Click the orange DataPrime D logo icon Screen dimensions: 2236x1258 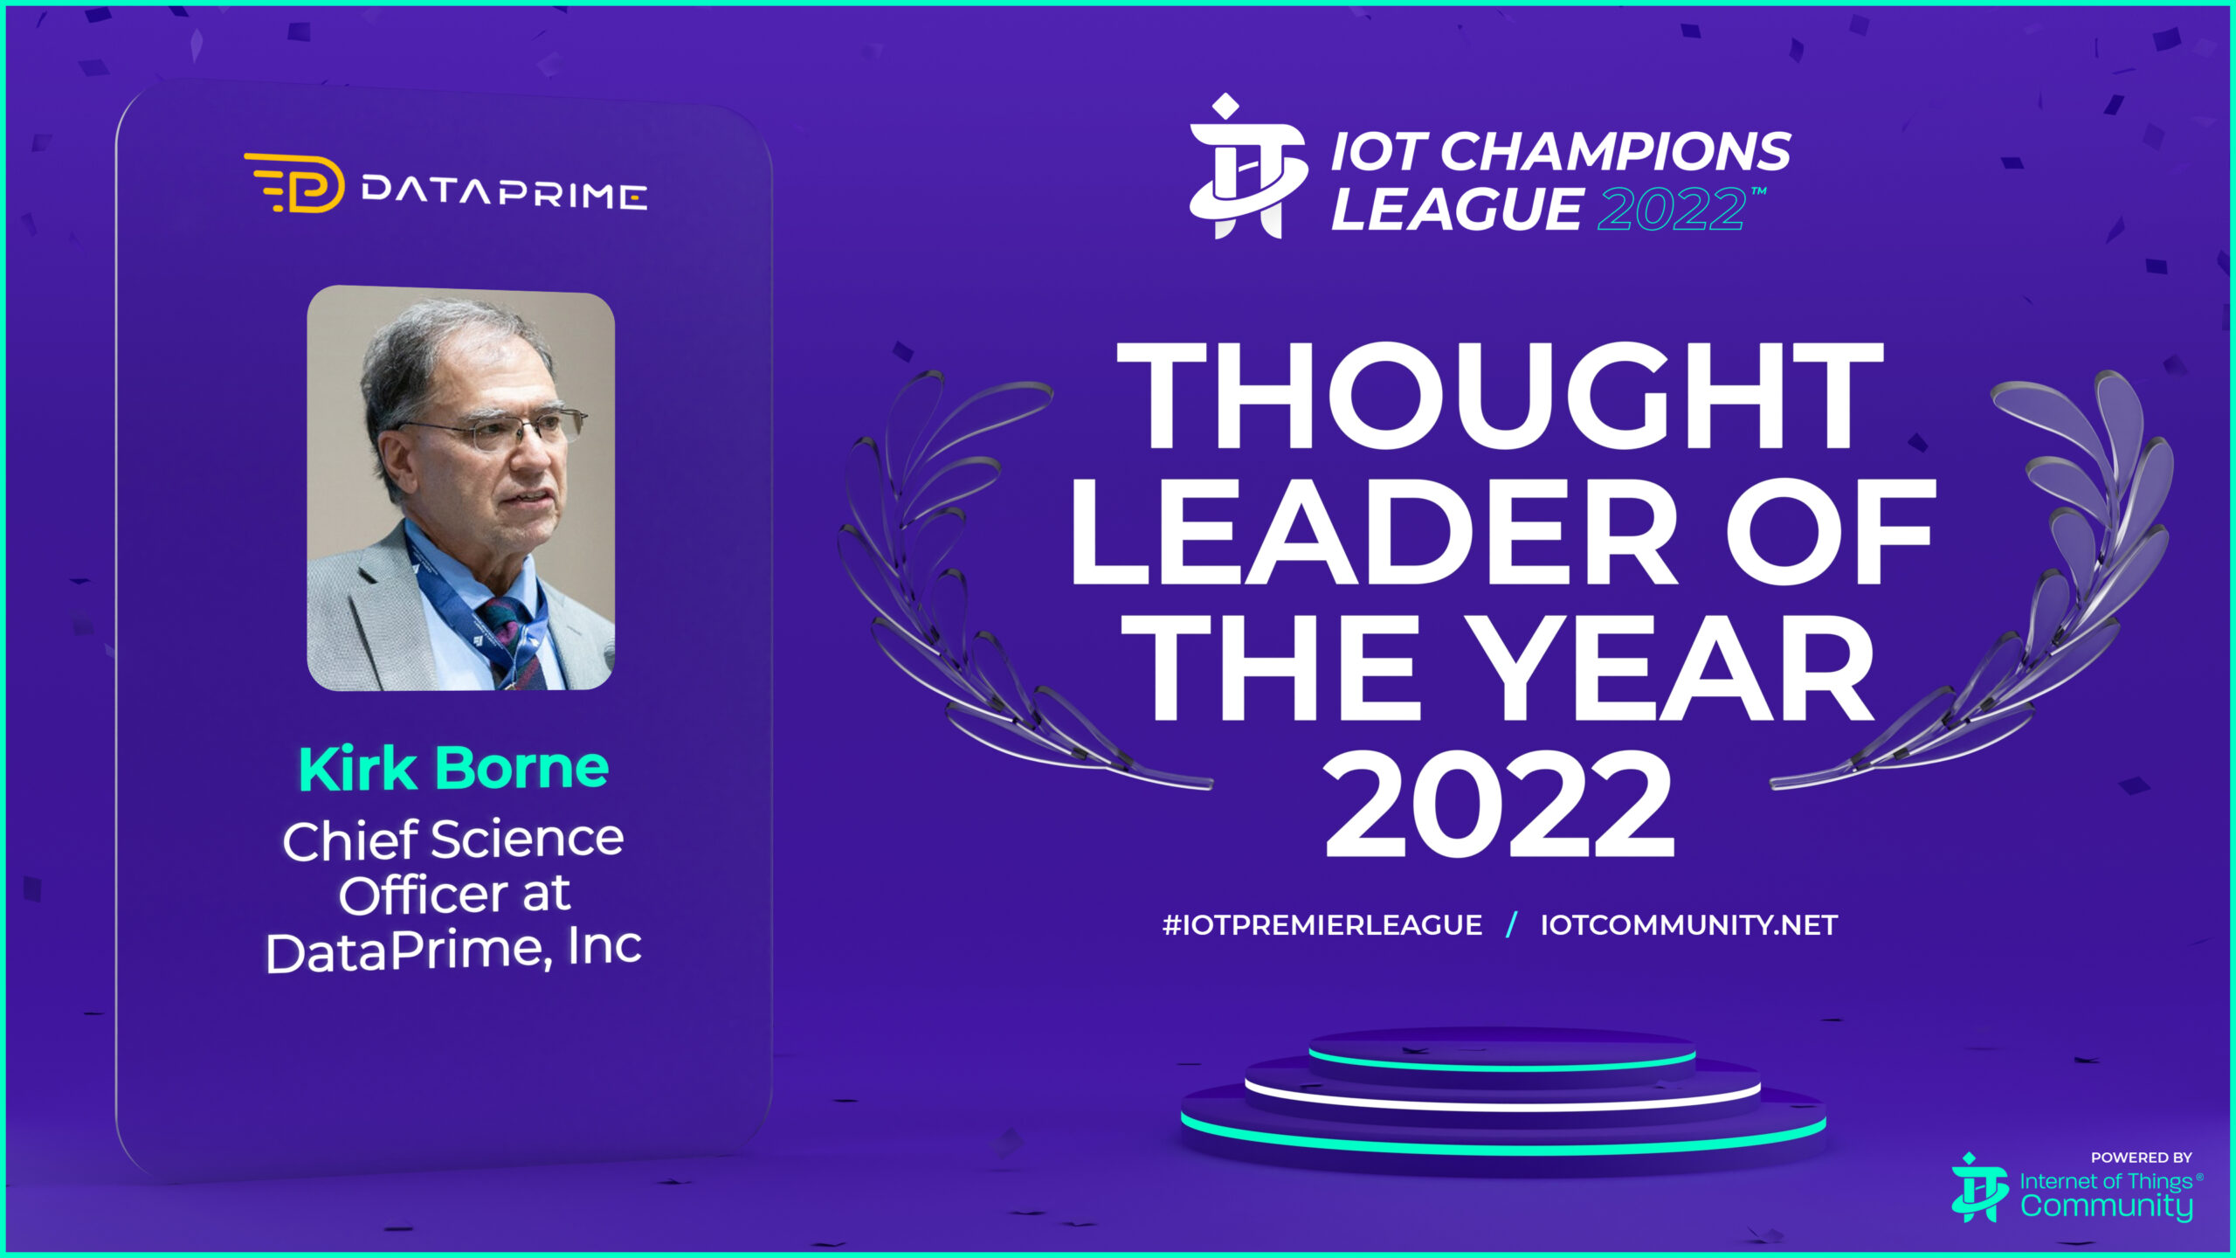(294, 183)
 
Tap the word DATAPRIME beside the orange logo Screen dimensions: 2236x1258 (505, 192)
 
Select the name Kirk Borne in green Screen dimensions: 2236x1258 (453, 769)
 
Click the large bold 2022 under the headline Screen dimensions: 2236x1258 (1499, 805)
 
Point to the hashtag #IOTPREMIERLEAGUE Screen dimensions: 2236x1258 (1322, 925)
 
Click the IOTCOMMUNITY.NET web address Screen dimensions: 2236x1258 (1689, 925)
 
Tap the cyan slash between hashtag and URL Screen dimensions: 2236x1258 (1511, 925)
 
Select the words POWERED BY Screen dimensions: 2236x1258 (2141, 1158)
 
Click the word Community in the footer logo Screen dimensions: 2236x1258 (2106, 1206)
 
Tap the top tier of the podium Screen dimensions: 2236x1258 (1501, 1048)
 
